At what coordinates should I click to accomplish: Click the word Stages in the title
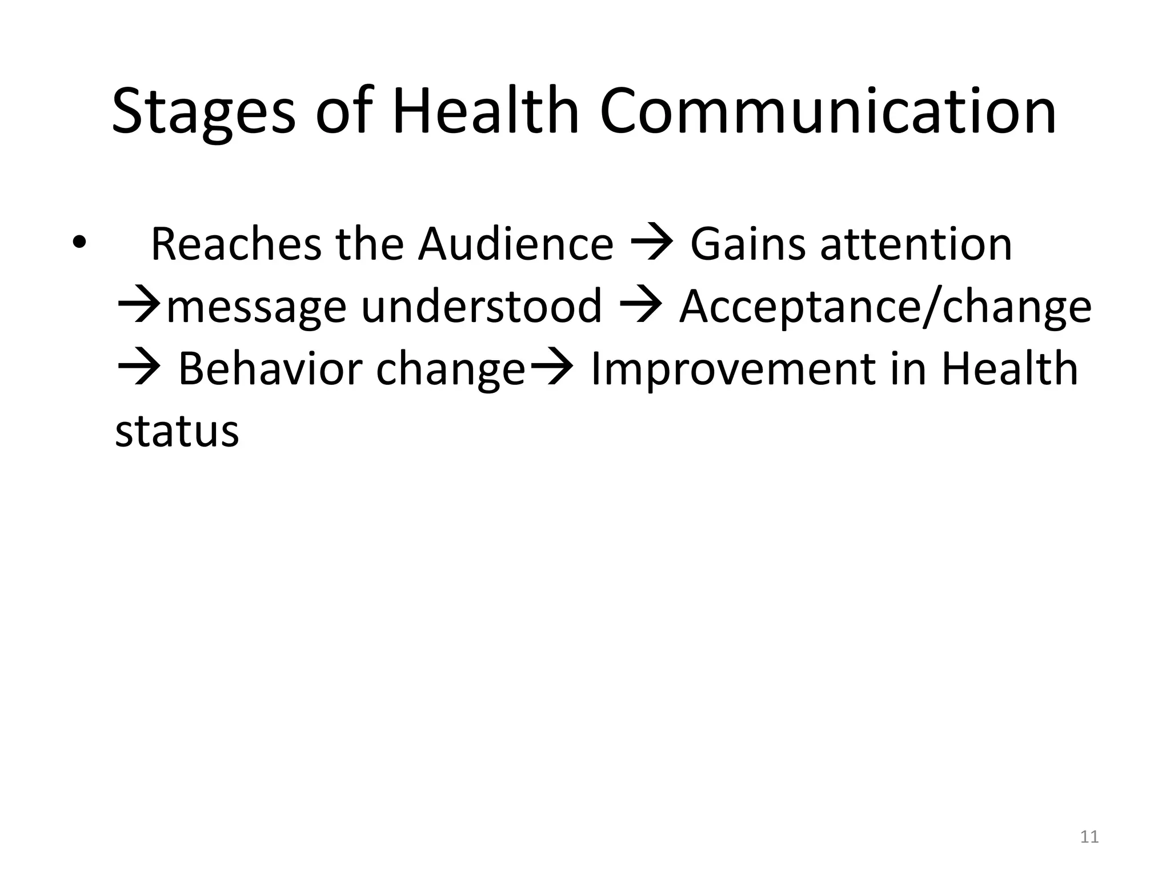[x=203, y=112]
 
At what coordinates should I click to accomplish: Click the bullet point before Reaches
[x=78, y=244]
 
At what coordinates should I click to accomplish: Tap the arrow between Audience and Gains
[x=652, y=244]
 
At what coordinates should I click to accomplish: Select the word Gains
[x=748, y=244]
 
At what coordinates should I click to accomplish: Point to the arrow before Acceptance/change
[x=640, y=307]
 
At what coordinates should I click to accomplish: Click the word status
[x=177, y=431]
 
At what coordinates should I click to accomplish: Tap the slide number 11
[x=1089, y=837]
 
